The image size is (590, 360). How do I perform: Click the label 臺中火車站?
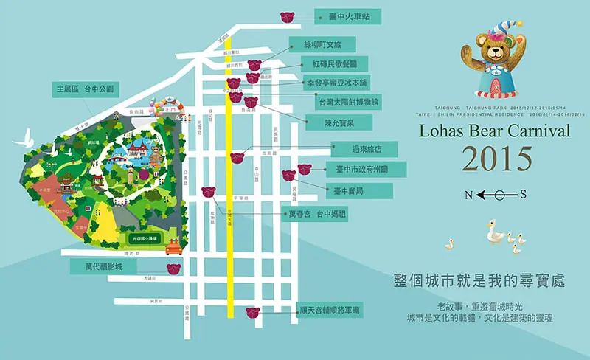tap(342, 15)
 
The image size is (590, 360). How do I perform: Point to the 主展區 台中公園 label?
tap(86, 89)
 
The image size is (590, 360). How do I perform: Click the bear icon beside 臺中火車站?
tap(288, 16)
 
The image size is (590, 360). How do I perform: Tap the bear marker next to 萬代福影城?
tap(173, 268)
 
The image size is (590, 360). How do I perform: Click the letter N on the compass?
tap(468, 195)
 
